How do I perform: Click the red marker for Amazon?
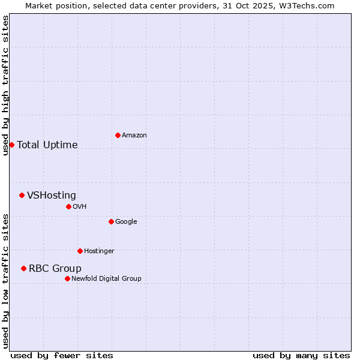point(118,135)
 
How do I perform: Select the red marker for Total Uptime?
point(11,145)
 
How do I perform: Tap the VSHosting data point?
point(22,195)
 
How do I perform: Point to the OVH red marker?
point(68,206)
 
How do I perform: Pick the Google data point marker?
point(111,221)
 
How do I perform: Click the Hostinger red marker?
point(80,251)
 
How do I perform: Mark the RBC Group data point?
point(23,268)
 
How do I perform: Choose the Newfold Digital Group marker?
point(67,278)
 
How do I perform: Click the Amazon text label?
point(134,135)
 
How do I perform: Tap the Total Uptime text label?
point(47,145)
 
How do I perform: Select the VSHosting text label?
point(52,195)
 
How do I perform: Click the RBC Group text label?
point(55,268)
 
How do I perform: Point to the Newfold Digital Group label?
point(106,278)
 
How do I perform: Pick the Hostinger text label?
point(99,251)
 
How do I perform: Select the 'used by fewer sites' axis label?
point(62,355)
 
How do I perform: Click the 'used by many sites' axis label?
point(301,355)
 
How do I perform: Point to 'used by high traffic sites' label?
point(5,85)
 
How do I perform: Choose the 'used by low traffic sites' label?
point(5,281)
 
